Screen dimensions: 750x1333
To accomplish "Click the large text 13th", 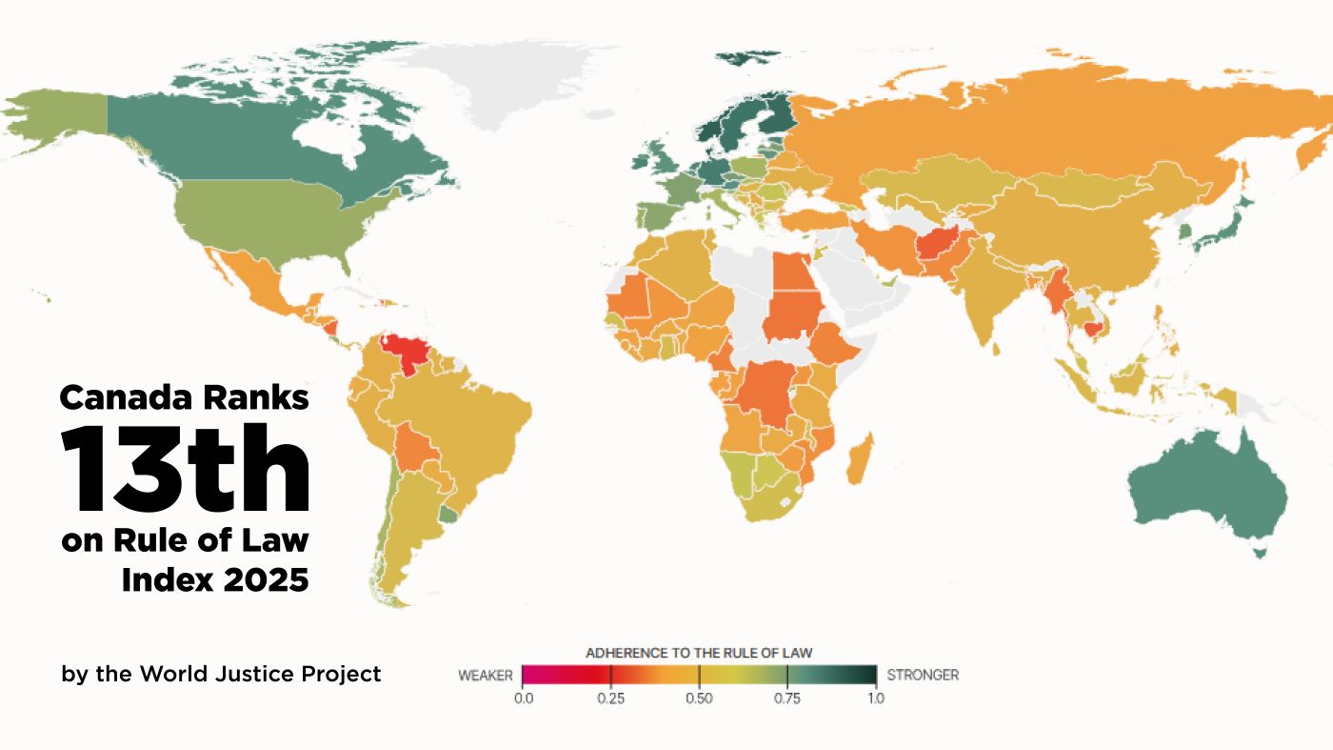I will [x=187, y=468].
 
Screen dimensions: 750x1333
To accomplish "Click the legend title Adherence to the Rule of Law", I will [x=698, y=653].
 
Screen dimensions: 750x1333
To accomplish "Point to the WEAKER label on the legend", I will [x=486, y=675].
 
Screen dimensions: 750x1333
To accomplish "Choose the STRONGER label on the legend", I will [x=923, y=675].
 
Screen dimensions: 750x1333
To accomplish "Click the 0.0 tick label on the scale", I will [x=523, y=698].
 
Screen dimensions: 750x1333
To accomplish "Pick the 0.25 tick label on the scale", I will [x=610, y=698].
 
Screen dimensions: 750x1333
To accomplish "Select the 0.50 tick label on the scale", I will [x=699, y=698].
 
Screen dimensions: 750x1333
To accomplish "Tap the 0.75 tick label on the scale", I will [x=787, y=698].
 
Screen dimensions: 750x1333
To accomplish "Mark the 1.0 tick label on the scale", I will [x=876, y=698].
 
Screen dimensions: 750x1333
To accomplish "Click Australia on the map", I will [x=1209, y=486].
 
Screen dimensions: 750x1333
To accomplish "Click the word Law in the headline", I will [x=281, y=540].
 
